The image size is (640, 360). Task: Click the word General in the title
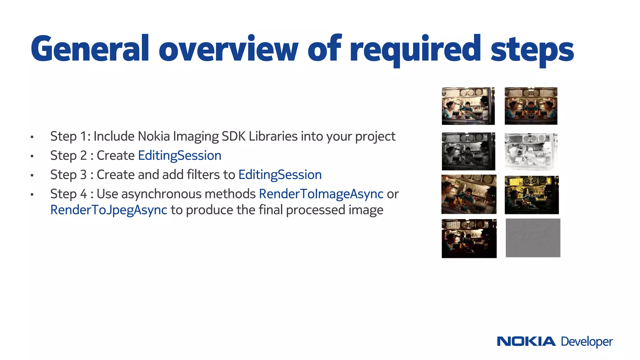point(90,49)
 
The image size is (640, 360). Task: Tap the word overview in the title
point(228,49)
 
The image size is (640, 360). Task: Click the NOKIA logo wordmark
point(526,341)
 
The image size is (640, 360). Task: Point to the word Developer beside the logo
point(587,342)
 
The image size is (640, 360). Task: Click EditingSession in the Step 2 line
point(180,156)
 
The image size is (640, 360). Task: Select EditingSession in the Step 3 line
point(280,175)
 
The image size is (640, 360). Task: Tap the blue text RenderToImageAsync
point(321,194)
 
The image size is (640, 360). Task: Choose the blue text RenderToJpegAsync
point(109,210)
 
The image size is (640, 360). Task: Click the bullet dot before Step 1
point(32,137)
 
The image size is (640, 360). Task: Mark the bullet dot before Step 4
point(32,195)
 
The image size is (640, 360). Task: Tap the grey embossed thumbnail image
point(533,238)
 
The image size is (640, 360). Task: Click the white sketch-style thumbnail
point(531,151)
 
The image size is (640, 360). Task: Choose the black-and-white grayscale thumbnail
point(468,151)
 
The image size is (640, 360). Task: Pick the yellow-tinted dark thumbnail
point(532,195)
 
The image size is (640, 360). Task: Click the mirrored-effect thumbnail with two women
point(531,106)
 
